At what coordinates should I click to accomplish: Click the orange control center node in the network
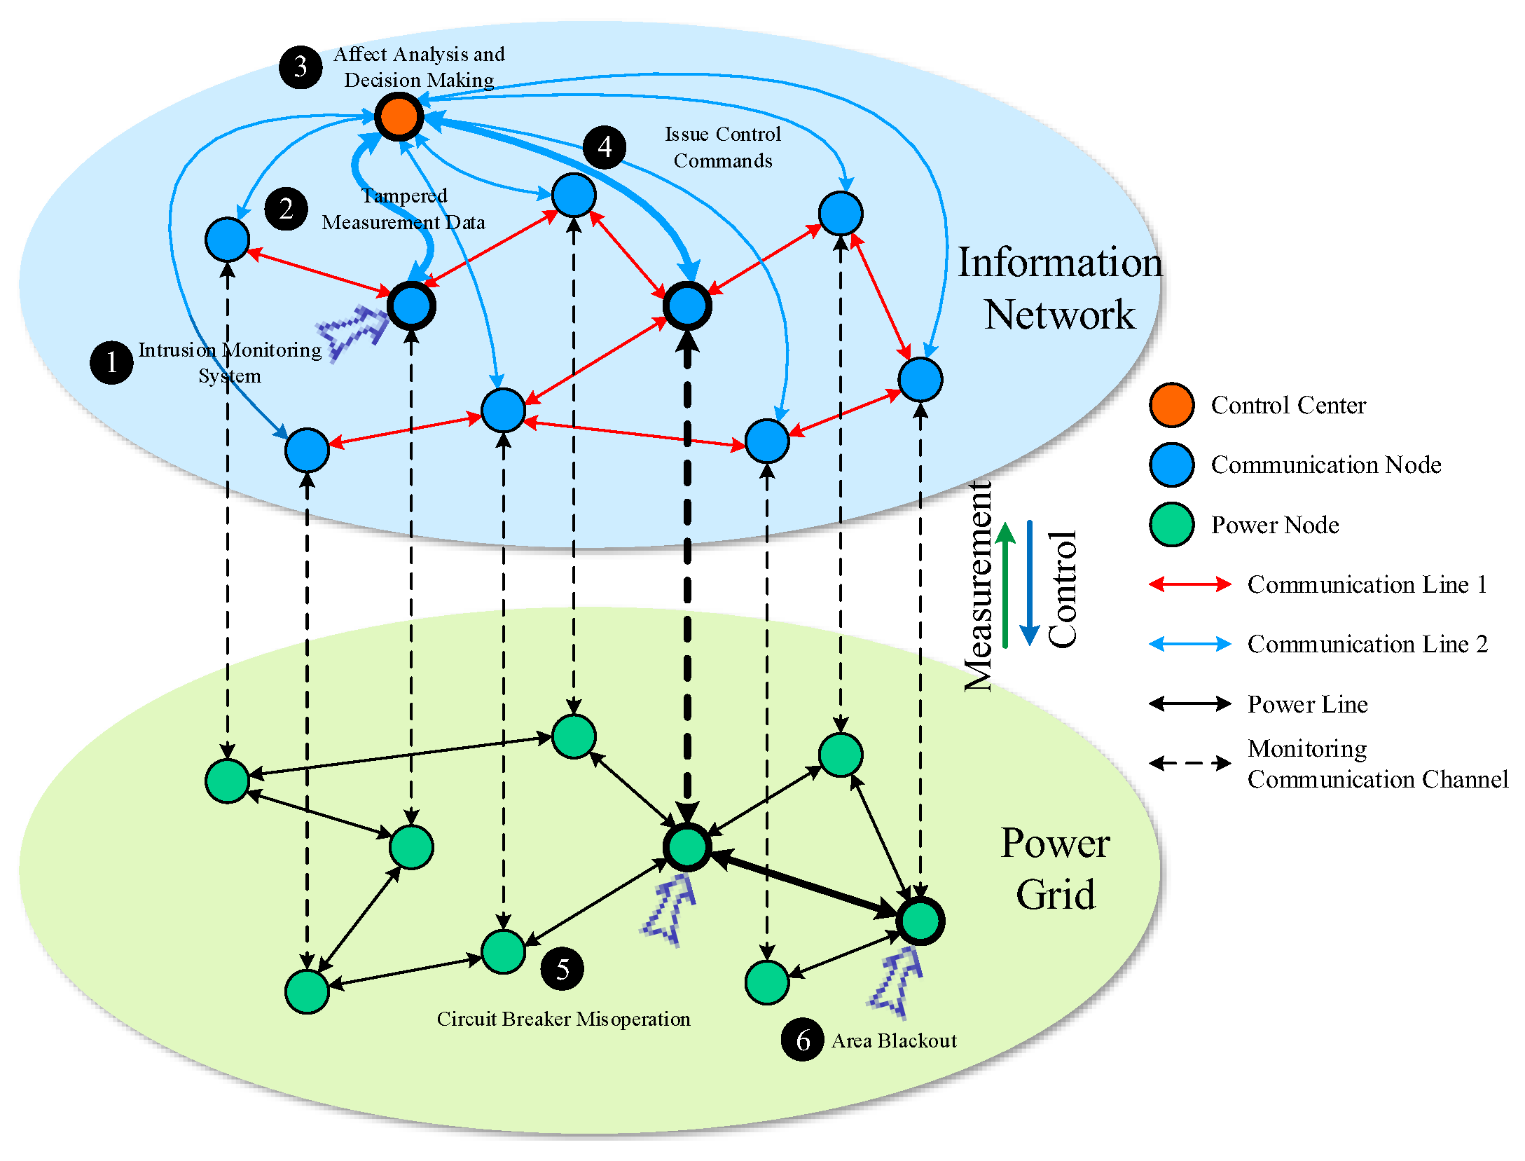coord(399,116)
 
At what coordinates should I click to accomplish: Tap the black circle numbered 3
coord(301,67)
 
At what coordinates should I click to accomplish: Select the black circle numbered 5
coord(563,969)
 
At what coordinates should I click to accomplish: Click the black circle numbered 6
coord(803,1040)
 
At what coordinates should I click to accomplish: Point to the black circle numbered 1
coord(111,362)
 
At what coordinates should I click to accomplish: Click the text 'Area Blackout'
coord(894,1041)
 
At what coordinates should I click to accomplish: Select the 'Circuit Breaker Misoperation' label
coord(563,1019)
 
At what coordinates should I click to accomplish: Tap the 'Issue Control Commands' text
coord(723,147)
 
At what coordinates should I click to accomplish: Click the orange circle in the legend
coord(1171,405)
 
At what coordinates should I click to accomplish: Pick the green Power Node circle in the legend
coord(1171,525)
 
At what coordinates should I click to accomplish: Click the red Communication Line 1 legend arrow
coord(1189,584)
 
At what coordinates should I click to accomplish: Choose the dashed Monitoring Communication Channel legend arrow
coord(1189,763)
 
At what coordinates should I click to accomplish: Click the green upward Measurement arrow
coord(1005,585)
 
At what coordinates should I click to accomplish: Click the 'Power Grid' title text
coord(1055,869)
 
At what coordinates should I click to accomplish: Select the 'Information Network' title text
coord(1059,288)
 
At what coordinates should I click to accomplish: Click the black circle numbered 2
coord(286,209)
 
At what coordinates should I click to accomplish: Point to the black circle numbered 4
coord(605,148)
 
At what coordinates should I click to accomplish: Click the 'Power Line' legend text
coord(1307,704)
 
